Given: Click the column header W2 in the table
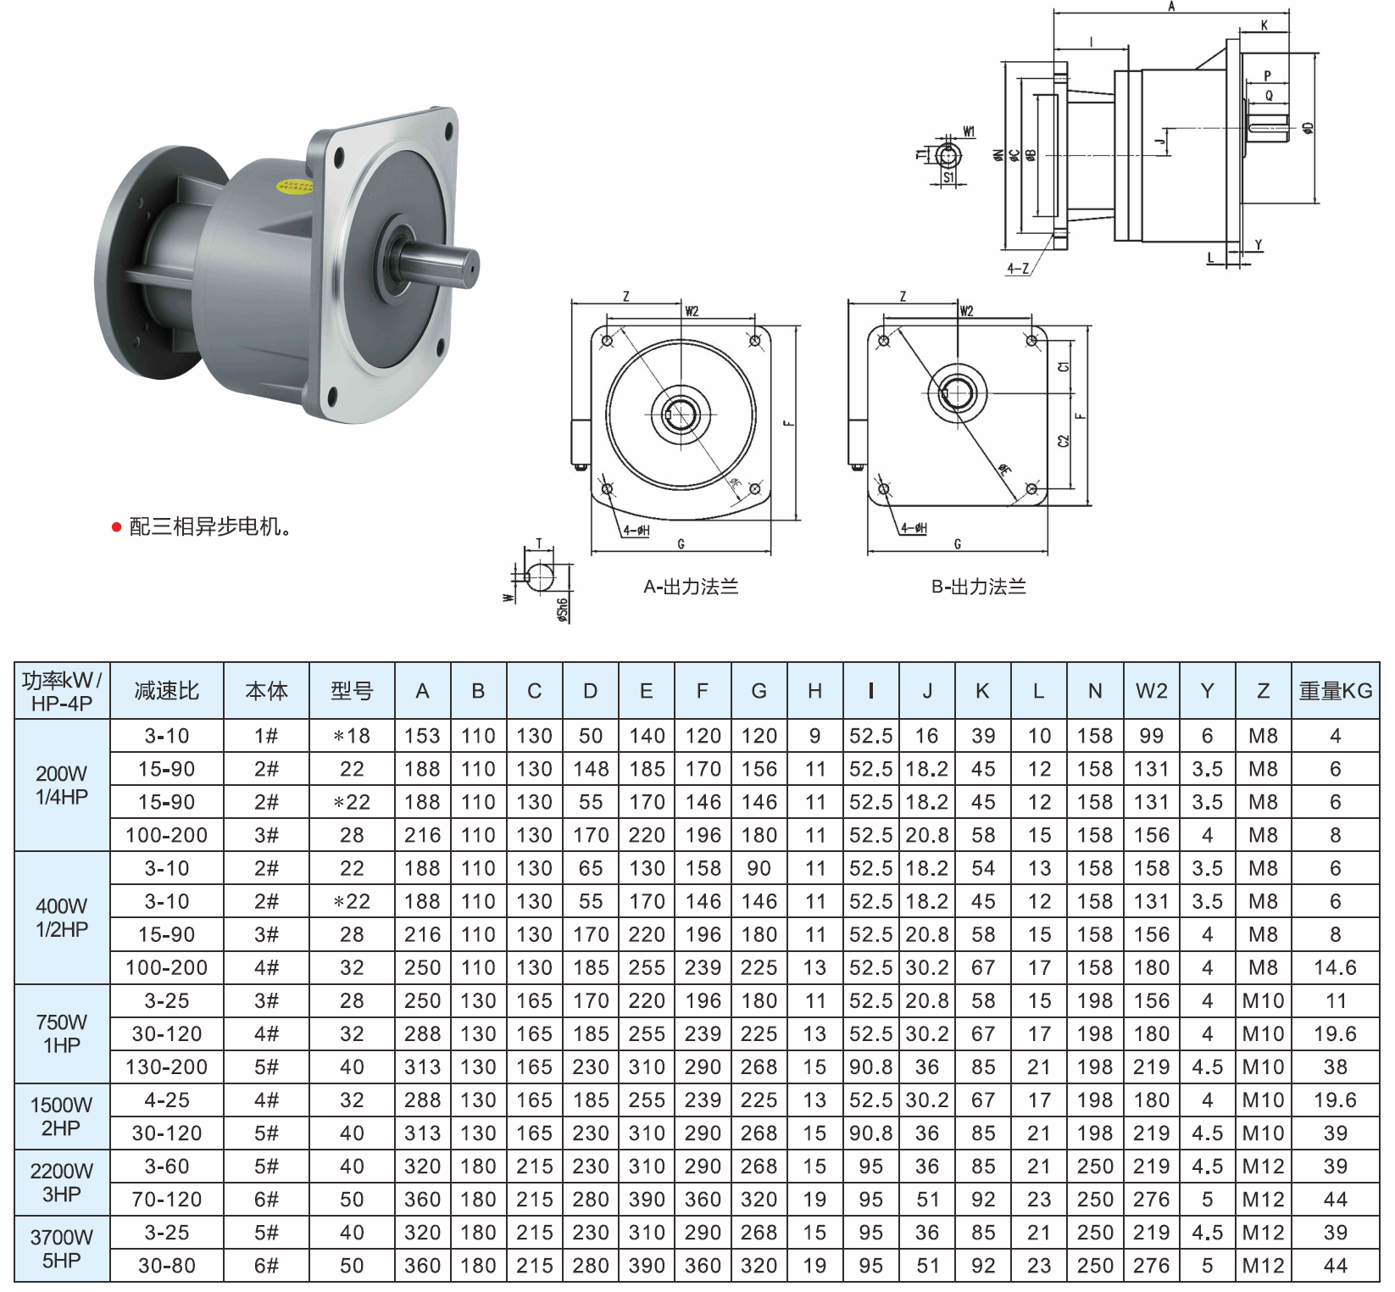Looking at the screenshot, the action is (1151, 691).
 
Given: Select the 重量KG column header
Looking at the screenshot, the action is (1336, 691).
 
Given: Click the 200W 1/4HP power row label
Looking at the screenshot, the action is (62, 785).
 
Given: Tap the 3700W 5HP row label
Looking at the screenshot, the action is (62, 1249).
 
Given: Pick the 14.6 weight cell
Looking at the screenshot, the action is (1336, 967).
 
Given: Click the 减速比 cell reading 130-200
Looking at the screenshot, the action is (167, 1066).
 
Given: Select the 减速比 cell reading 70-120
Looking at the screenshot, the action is (167, 1200).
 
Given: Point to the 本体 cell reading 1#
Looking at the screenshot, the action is (266, 736).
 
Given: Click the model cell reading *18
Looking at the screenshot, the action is (352, 736).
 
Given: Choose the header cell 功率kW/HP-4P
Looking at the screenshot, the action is (62, 692).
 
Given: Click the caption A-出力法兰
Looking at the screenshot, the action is (691, 587).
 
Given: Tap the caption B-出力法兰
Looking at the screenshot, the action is (979, 587).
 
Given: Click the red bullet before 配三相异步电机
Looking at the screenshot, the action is (117, 527).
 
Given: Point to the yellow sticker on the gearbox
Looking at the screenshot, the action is (295, 185).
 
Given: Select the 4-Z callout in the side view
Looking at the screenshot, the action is (1018, 269).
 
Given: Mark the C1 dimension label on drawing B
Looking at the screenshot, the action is (1064, 367).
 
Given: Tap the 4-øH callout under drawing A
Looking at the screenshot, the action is (636, 531).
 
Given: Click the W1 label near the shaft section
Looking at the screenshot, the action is (969, 131).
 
